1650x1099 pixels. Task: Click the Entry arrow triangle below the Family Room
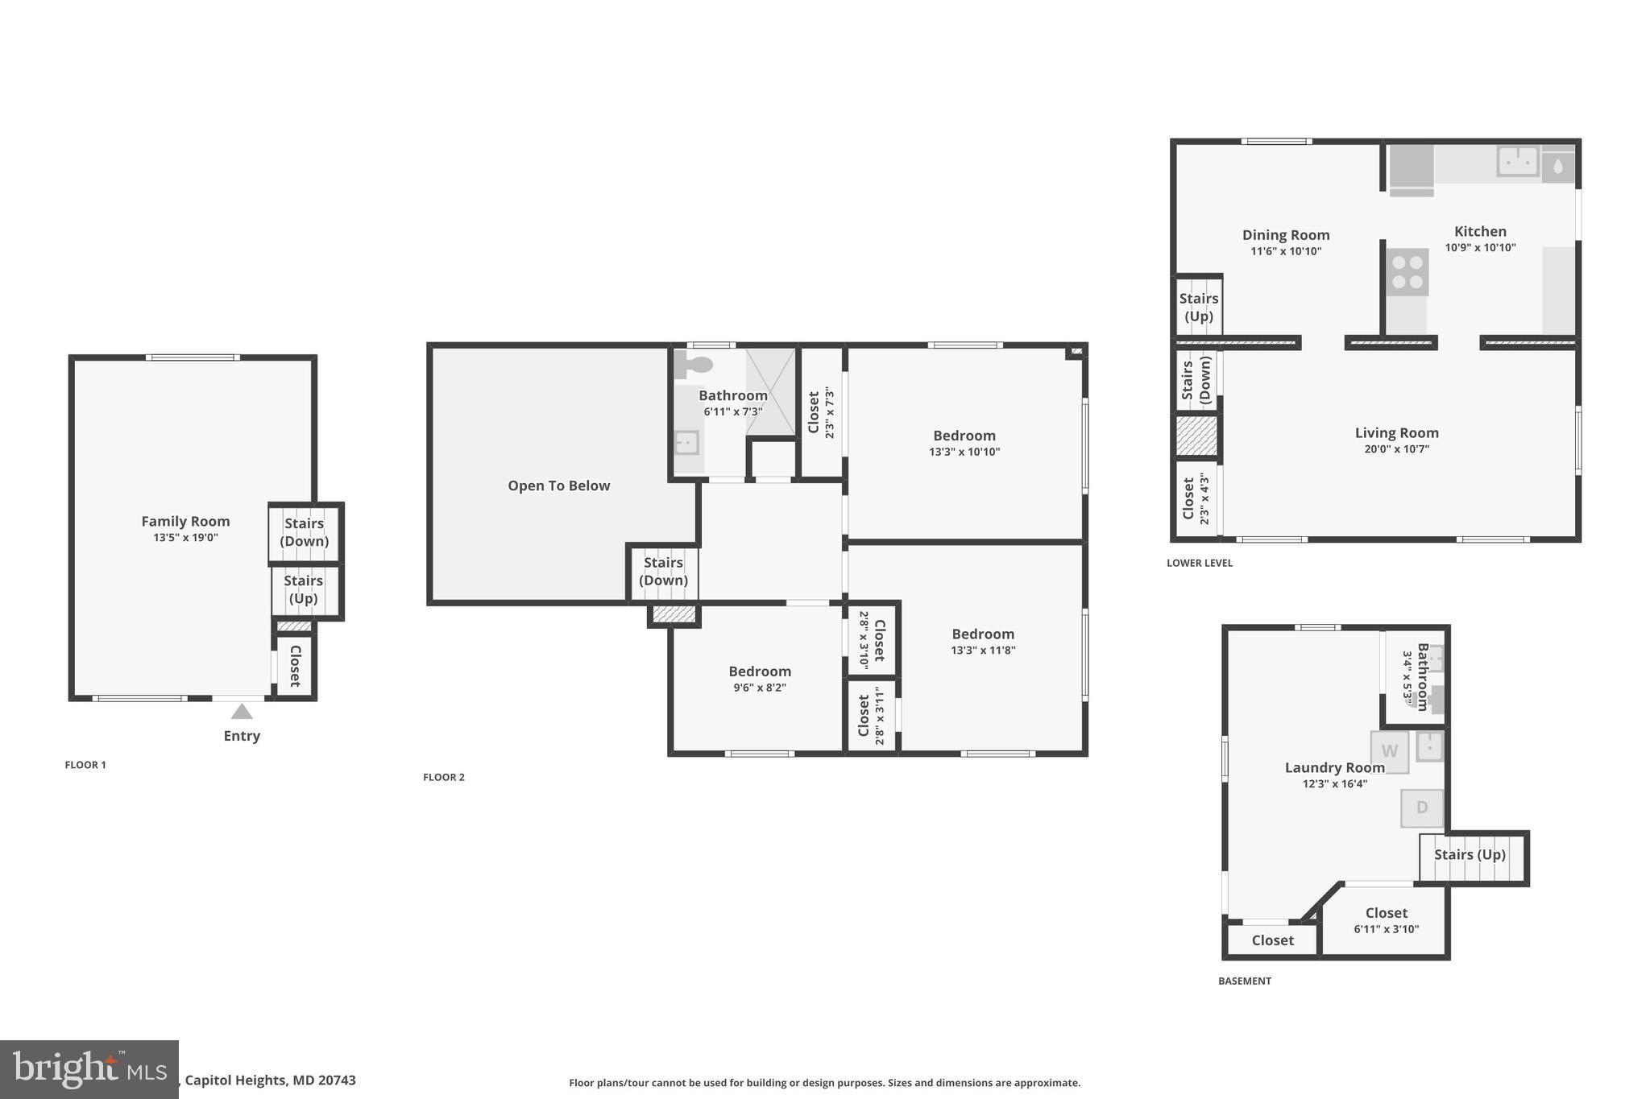point(242,712)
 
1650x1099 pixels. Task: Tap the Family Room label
point(185,522)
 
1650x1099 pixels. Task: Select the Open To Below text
point(558,485)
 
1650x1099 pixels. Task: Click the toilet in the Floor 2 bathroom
point(694,365)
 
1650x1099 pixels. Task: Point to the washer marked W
point(1390,751)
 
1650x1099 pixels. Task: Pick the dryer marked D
point(1422,808)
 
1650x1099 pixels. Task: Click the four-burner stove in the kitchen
point(1407,272)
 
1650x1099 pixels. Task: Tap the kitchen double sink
point(1518,161)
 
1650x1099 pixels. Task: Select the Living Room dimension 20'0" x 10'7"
point(1396,449)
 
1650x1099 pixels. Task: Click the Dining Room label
point(1285,235)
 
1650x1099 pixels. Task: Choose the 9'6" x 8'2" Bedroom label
point(759,671)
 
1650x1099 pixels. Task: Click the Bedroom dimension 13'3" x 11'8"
point(982,651)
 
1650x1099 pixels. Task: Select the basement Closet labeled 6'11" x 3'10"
point(1386,920)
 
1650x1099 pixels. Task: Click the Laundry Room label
point(1334,768)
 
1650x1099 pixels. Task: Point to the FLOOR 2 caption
point(444,777)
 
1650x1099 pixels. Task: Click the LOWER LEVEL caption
point(1199,563)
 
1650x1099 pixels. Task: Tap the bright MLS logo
point(89,1069)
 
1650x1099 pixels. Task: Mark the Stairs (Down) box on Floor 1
point(305,532)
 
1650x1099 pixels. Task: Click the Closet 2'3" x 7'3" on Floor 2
point(820,413)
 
